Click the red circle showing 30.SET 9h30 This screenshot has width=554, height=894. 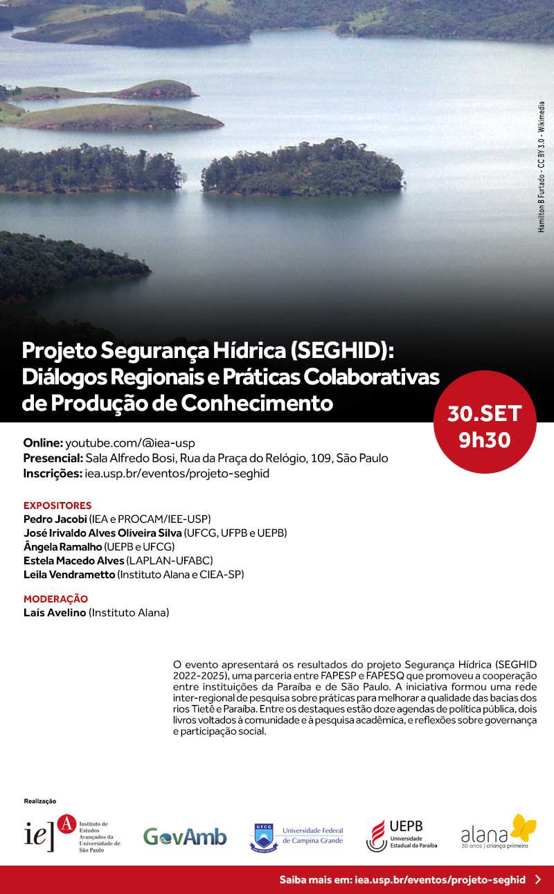(484, 422)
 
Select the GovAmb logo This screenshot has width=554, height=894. (185, 837)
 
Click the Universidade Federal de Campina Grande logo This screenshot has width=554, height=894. (296, 836)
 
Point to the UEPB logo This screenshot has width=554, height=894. (402, 835)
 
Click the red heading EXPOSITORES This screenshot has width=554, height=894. (57, 506)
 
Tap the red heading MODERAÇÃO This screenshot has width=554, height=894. (55, 599)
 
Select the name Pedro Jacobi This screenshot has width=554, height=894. (55, 519)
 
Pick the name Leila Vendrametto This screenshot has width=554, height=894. (69, 574)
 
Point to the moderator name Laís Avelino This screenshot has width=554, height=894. (55, 612)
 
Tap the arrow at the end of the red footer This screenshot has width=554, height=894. (539, 880)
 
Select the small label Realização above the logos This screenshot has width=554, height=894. (39, 801)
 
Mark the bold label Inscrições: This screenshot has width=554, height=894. (52, 474)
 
